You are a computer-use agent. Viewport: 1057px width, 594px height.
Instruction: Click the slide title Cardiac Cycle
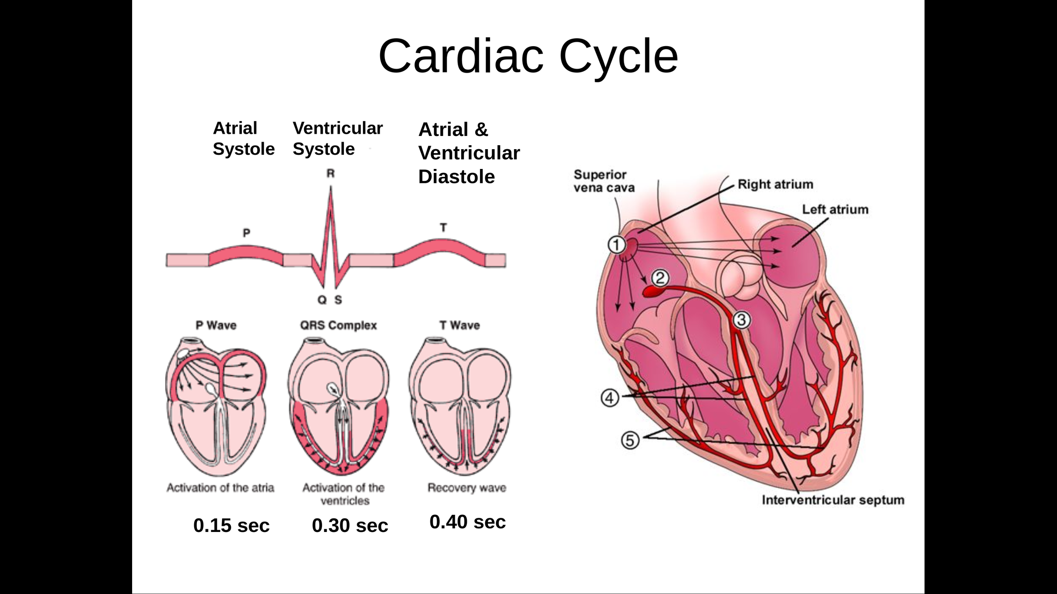coord(528,56)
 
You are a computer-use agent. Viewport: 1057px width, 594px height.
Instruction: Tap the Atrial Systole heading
coord(244,138)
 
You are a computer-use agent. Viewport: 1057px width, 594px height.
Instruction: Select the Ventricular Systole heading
coord(337,138)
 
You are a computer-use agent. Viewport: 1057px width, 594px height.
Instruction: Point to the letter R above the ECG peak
coord(330,173)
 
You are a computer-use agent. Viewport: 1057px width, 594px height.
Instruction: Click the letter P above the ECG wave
coord(247,232)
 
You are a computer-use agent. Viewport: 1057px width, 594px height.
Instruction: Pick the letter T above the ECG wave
coord(443,227)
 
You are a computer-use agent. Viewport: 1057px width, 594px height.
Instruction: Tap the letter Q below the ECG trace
coord(322,300)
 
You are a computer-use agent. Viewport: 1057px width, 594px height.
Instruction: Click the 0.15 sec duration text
coord(231,525)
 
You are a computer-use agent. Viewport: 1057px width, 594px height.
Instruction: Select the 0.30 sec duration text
coord(350,525)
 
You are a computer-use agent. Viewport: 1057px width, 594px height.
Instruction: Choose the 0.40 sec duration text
coord(467,522)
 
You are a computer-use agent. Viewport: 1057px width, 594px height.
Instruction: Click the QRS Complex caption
coord(338,325)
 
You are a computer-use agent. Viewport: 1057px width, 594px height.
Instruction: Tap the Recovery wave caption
coord(467,488)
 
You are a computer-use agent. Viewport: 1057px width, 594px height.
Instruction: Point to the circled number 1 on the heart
coord(617,245)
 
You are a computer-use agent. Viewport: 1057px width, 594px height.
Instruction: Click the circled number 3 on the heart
coord(741,320)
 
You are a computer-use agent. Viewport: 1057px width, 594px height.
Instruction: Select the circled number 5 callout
coord(630,440)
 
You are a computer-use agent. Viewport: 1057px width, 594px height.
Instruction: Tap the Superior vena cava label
coord(604,181)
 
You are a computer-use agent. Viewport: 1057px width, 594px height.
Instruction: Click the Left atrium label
coord(835,209)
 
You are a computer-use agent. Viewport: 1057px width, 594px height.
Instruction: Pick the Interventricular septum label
coord(833,500)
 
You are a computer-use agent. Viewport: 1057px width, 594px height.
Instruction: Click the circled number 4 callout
coord(610,398)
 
